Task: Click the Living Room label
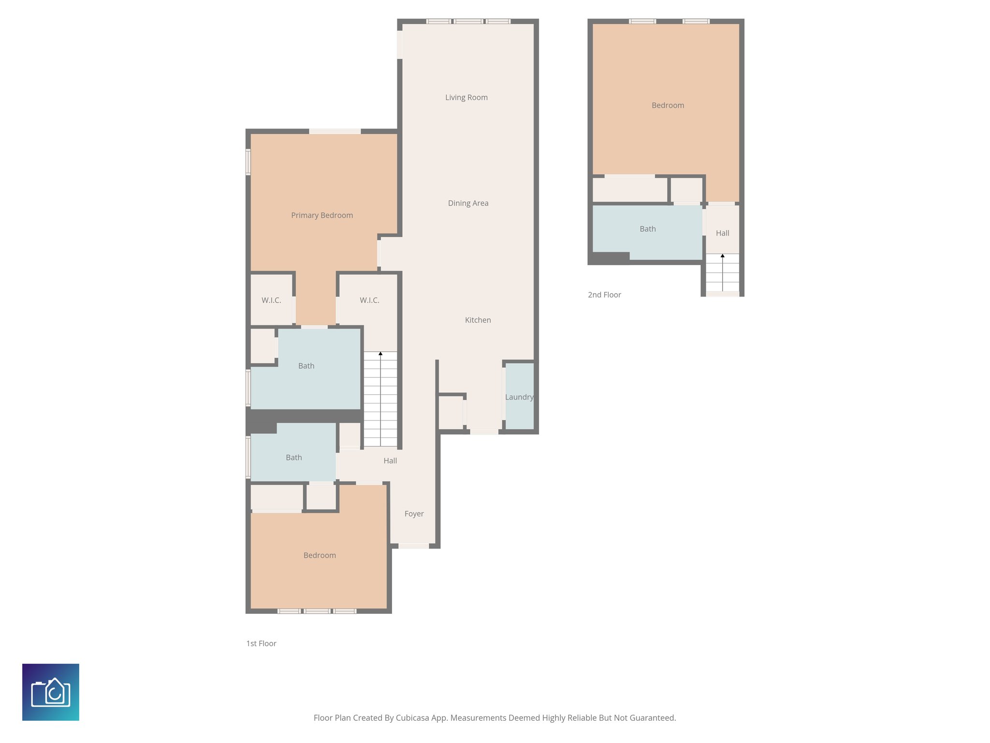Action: pyautogui.click(x=466, y=97)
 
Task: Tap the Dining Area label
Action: pyautogui.click(x=468, y=203)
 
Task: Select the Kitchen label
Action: pyautogui.click(x=478, y=320)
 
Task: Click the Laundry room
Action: pyautogui.click(x=519, y=397)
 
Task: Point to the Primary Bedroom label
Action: pyautogui.click(x=322, y=215)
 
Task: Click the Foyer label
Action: pyautogui.click(x=414, y=514)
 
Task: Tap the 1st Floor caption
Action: pyautogui.click(x=261, y=643)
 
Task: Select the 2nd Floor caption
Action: pyautogui.click(x=604, y=295)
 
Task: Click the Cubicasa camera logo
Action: pyautogui.click(x=51, y=692)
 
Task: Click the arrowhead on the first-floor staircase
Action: pyautogui.click(x=380, y=354)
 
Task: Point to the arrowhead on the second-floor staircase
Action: pyautogui.click(x=722, y=255)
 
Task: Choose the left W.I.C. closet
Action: pyautogui.click(x=271, y=300)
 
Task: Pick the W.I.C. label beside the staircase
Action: pyautogui.click(x=369, y=300)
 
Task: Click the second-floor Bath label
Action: pyautogui.click(x=647, y=229)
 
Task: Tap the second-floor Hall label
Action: pyautogui.click(x=722, y=233)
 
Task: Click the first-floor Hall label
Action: pyautogui.click(x=390, y=461)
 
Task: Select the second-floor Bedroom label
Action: pyautogui.click(x=668, y=105)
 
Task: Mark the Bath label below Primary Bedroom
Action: pyautogui.click(x=306, y=366)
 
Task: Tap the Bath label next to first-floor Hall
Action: pyautogui.click(x=293, y=458)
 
